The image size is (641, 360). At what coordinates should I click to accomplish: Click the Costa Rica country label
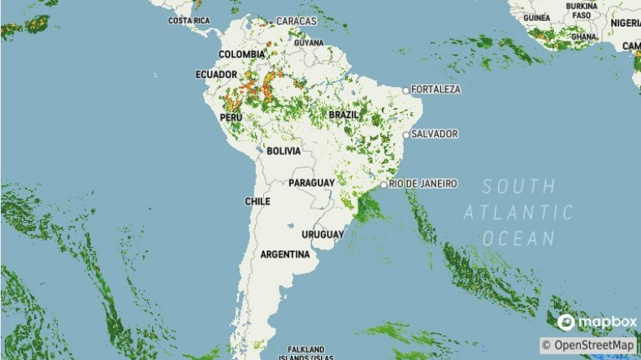[189, 20]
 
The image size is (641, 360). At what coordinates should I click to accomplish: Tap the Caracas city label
[297, 20]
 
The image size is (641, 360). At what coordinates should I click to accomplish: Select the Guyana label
[309, 42]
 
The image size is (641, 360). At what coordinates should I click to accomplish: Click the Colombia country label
[241, 55]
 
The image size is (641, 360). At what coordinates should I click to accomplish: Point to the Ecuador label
[216, 75]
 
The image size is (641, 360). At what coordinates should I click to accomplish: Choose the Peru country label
[232, 117]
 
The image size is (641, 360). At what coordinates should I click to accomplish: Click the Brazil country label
[344, 115]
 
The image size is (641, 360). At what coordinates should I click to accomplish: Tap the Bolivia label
[284, 151]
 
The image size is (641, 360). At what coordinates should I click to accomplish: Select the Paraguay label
[311, 183]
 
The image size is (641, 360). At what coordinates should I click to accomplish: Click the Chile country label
[258, 201]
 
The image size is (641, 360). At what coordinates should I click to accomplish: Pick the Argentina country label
[284, 254]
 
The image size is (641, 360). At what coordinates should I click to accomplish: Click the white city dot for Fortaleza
[406, 89]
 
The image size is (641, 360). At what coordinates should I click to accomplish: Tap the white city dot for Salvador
[406, 134]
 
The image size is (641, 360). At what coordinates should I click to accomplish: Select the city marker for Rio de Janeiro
[383, 184]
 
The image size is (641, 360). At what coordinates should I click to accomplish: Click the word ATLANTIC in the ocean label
[518, 213]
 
